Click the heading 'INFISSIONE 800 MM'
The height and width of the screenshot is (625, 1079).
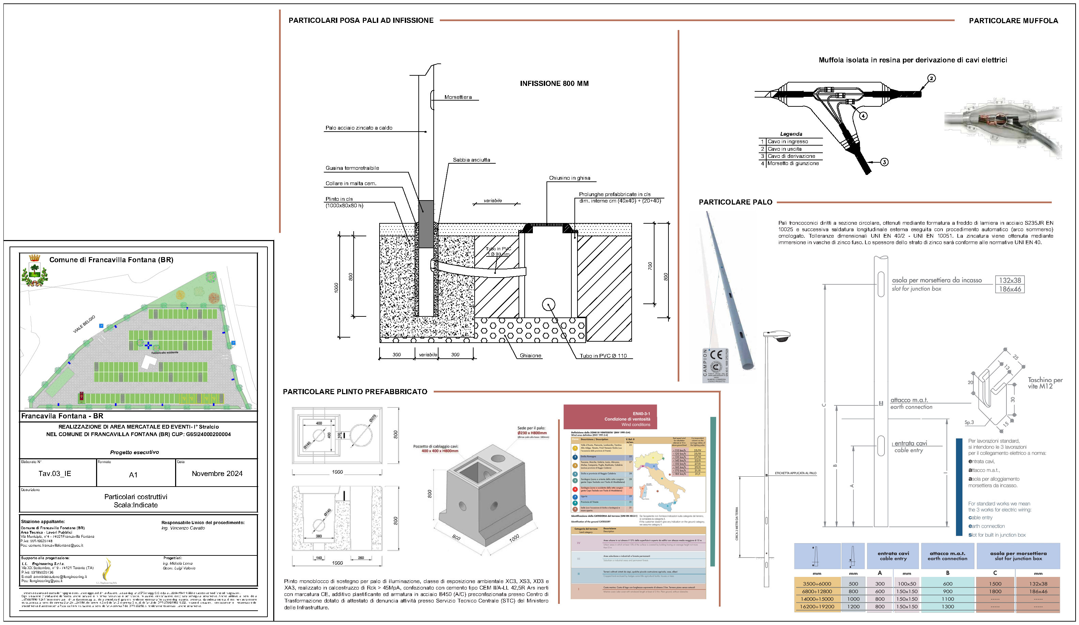[x=554, y=84]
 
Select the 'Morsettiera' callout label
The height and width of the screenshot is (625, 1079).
[x=458, y=97]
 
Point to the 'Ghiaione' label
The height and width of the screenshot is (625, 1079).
[x=530, y=356]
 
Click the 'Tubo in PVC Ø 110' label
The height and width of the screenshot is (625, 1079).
[x=603, y=356]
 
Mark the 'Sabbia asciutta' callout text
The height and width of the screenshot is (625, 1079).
[x=472, y=160]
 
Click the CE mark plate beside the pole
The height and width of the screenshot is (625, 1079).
[x=715, y=365]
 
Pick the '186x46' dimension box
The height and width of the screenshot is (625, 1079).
[x=1009, y=289]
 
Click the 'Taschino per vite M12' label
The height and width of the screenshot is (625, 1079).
[x=1045, y=383]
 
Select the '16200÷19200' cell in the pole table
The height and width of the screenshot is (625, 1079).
[x=817, y=606]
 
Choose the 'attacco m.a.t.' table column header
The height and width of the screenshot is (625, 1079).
[x=947, y=555]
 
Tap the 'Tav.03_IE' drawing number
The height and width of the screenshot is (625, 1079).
[x=55, y=473]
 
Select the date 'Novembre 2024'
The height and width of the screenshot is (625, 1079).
[x=217, y=473]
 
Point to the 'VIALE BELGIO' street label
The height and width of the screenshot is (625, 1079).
[x=84, y=324]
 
